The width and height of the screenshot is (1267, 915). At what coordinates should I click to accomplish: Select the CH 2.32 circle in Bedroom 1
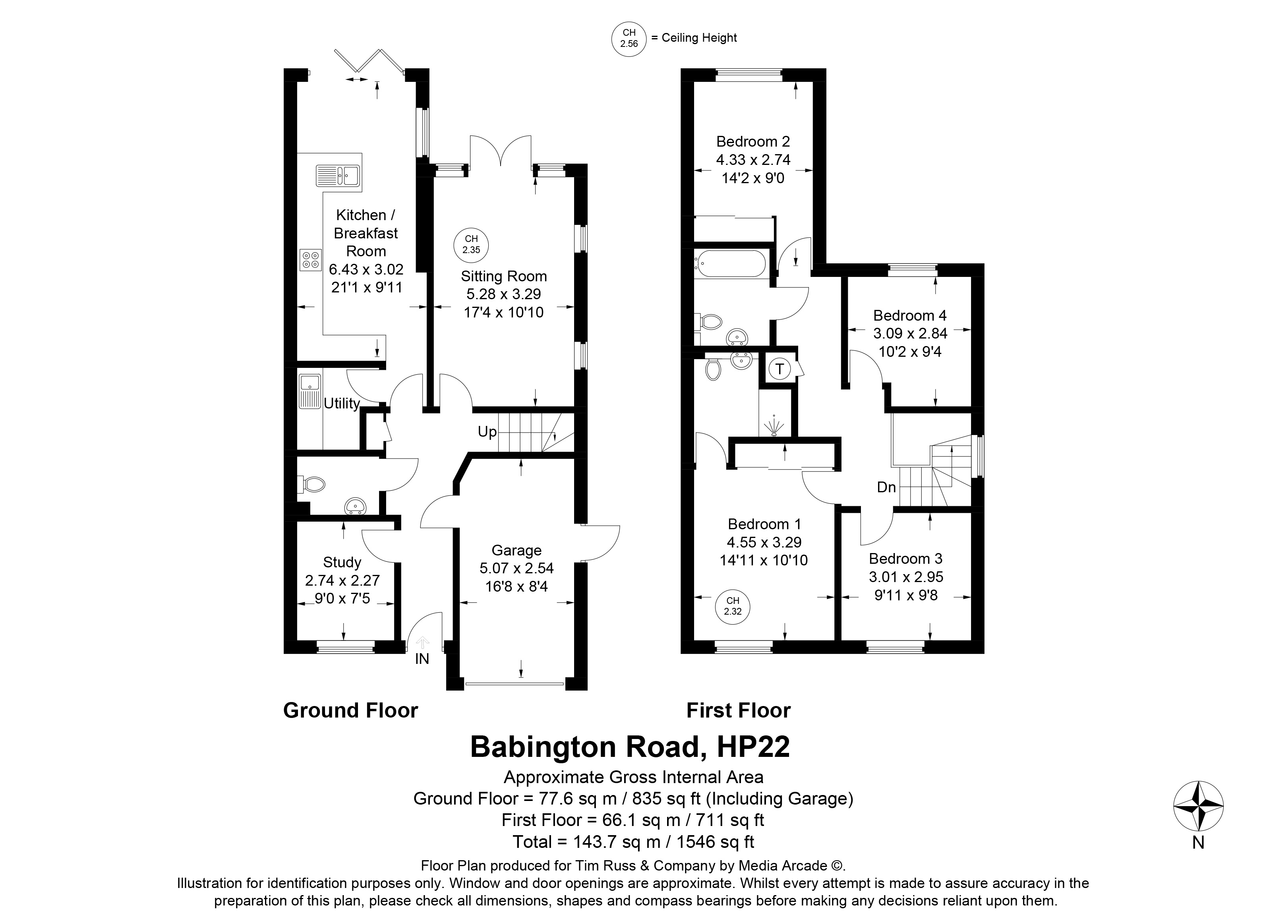[732, 606]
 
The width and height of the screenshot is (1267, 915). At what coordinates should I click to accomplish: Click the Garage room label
[517, 550]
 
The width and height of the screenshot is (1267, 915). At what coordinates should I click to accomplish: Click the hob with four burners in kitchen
[311, 259]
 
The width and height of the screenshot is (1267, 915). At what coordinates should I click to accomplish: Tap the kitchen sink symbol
[339, 175]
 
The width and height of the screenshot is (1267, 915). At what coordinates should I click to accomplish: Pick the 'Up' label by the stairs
[487, 432]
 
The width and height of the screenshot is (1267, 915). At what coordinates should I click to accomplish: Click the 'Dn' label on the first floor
[886, 487]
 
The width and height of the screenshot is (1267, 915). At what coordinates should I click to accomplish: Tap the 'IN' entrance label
[422, 659]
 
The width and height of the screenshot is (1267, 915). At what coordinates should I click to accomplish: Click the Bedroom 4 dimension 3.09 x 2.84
[911, 333]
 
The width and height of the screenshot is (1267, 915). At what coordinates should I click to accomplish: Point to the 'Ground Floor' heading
[351, 710]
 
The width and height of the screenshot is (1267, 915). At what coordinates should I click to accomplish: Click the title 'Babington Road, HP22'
[630, 747]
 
